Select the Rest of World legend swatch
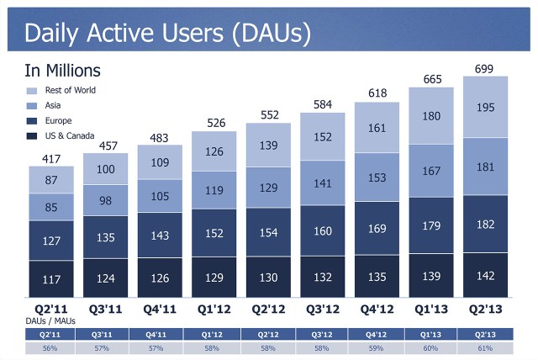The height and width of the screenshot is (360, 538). [x=32, y=90]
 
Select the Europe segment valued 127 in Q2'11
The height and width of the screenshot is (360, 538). [x=50, y=241]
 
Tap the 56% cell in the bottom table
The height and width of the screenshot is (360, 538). [x=50, y=348]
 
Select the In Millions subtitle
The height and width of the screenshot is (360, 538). [x=62, y=71]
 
